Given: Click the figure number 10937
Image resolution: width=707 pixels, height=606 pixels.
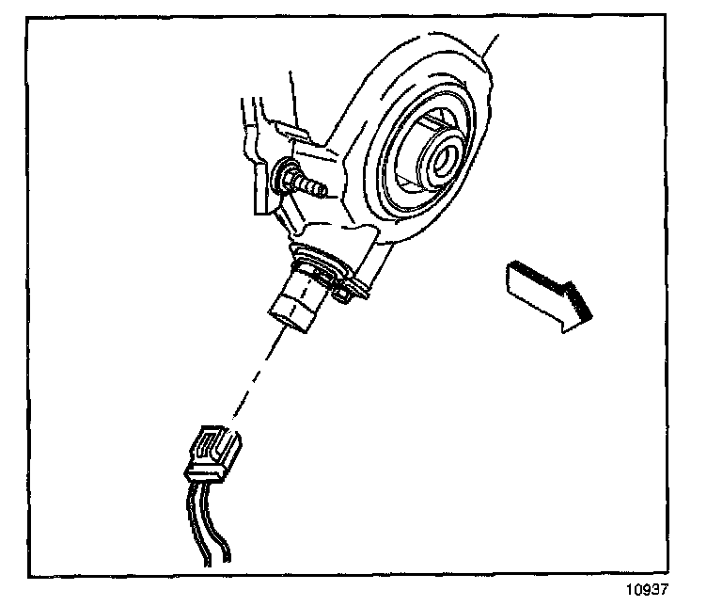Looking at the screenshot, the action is coord(649,590).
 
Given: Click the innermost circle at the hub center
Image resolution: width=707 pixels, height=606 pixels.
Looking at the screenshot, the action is coord(439,157).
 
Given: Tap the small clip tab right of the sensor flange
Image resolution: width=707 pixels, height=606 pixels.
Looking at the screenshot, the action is coord(346,291).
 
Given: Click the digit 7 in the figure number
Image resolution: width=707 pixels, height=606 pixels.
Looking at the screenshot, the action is coord(663,590).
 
